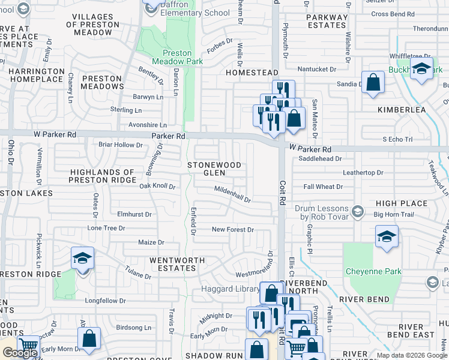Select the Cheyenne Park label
373,272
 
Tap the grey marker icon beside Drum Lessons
358,211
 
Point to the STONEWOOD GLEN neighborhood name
214,169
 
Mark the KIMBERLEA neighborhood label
401,110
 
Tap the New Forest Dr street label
233,230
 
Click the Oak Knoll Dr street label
157,187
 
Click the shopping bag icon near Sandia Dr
373,82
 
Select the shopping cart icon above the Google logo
28,346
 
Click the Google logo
20,353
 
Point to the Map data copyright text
411,355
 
